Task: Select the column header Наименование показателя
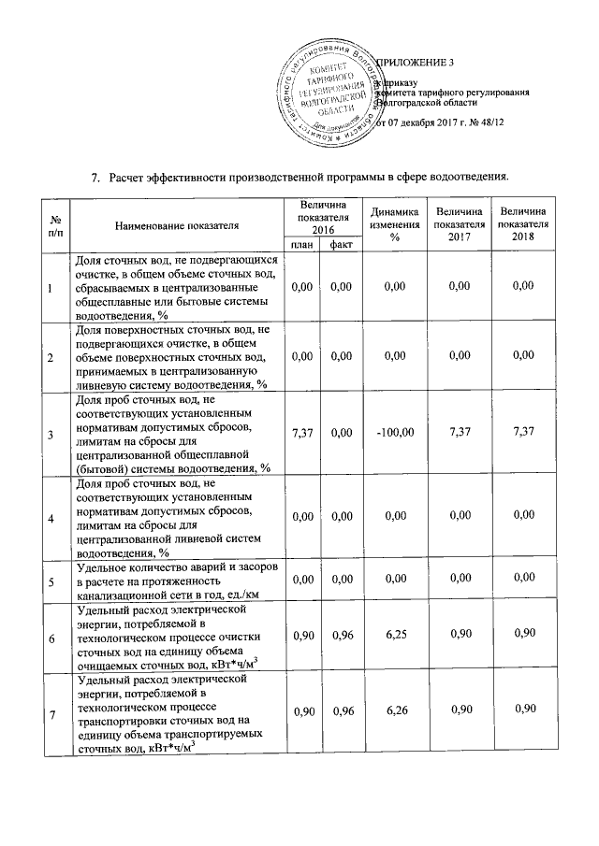[177, 225]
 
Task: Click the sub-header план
[301, 245]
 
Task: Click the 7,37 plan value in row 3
[301, 433]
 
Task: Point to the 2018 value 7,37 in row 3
[523, 433]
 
